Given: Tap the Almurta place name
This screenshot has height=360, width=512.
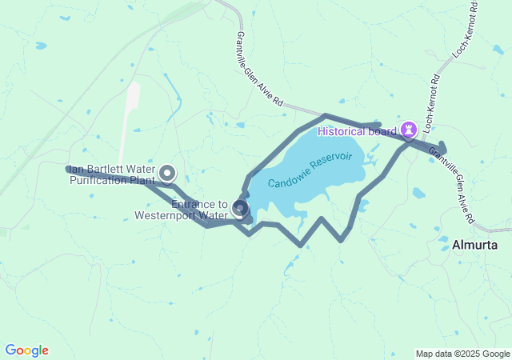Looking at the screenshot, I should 475,245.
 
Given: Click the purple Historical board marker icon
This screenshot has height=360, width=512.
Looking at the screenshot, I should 410,129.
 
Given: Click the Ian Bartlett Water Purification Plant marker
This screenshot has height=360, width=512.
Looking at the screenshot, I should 167,171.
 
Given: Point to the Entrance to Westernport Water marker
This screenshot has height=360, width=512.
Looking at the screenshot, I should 239,208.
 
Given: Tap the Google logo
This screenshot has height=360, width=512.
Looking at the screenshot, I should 27,350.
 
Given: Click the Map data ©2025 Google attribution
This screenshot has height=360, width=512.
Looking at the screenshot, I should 462,354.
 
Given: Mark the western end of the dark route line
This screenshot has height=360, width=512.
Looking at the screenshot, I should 67,169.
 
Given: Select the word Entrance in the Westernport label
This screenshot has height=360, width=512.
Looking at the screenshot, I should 193,204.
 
